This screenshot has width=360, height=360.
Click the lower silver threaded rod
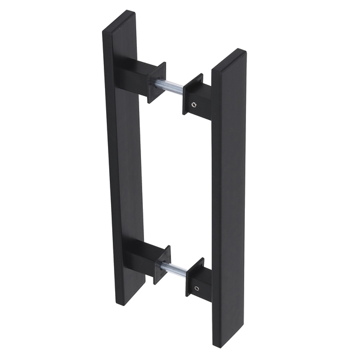[176, 271]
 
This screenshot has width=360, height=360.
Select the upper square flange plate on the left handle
[157, 82]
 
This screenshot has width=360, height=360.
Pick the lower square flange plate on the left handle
[162, 265]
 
